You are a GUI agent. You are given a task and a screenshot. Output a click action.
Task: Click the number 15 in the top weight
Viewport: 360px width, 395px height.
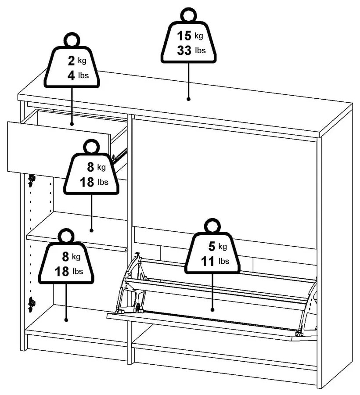[184, 36]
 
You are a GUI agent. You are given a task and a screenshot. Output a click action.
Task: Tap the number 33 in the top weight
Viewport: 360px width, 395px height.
[184, 50]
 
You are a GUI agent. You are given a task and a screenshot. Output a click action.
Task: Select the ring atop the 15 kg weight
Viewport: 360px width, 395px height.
[189, 15]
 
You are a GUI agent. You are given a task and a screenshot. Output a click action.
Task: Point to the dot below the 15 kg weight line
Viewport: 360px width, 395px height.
[188, 99]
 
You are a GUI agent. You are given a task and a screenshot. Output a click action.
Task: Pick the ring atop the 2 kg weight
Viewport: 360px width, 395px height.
[72, 40]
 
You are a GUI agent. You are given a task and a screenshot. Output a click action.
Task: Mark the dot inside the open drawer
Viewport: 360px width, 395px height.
[72, 124]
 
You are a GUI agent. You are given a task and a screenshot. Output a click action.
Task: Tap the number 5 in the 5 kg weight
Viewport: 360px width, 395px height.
[212, 247]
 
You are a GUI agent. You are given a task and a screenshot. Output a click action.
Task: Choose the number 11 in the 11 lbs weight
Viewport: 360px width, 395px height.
[209, 262]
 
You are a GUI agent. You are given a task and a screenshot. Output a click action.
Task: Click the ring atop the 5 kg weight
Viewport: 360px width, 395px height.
[212, 226]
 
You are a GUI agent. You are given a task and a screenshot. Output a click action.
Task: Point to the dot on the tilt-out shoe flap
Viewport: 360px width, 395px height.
[212, 309]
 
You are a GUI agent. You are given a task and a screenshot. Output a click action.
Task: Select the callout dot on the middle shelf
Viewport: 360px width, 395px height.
[91, 230]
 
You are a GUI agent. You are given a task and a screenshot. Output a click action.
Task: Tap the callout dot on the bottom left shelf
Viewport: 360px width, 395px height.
[66, 320]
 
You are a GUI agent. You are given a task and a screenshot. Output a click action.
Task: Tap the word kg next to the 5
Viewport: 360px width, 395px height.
[223, 246]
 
